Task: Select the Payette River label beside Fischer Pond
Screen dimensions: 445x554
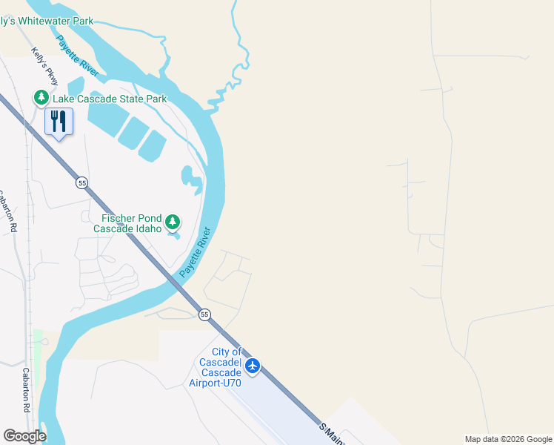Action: tap(196, 252)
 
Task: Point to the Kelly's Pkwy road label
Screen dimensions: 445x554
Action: tap(39, 68)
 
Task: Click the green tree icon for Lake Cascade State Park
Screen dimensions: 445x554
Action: tap(41, 98)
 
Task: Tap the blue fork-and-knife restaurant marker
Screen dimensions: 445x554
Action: tap(59, 121)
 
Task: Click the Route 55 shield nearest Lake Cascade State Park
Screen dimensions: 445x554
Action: tap(81, 182)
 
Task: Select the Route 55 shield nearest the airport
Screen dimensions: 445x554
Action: tap(204, 314)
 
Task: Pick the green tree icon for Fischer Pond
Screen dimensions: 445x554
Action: tap(173, 221)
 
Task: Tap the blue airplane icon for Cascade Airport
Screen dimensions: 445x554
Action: tap(253, 366)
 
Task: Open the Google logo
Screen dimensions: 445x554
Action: tap(24, 436)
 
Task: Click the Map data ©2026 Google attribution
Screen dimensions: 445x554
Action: tap(508, 439)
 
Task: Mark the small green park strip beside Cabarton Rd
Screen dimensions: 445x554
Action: tap(38, 347)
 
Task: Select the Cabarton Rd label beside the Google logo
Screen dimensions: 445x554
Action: tap(27, 389)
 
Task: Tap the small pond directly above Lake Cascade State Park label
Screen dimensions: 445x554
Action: tap(76, 85)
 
